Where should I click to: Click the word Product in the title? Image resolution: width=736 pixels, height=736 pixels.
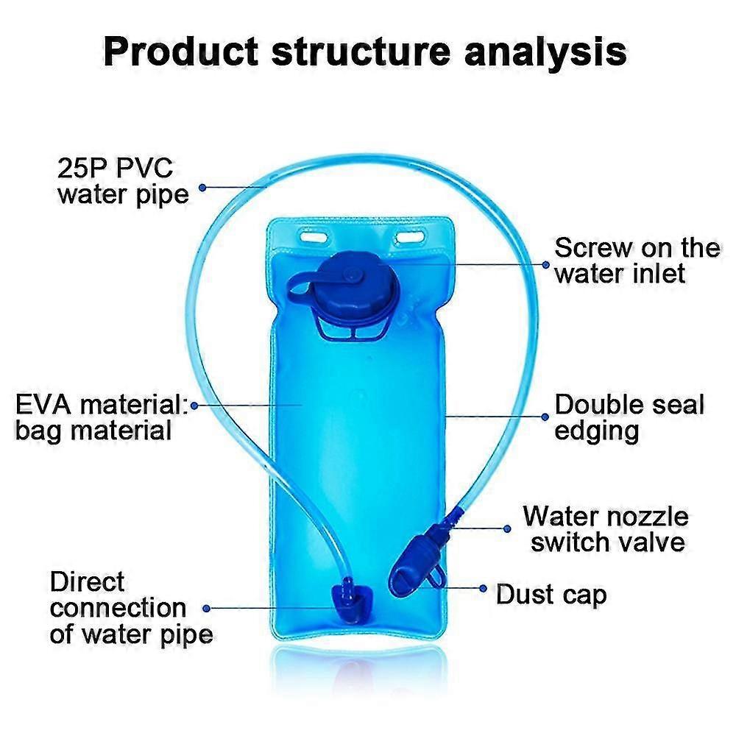(x=181, y=52)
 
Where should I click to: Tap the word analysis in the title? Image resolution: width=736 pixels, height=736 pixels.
(x=545, y=52)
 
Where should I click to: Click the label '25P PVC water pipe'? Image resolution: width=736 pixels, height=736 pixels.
(x=123, y=182)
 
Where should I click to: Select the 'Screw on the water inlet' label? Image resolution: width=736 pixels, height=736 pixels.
(x=637, y=260)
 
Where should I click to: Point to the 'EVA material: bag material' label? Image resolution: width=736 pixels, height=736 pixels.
(x=102, y=417)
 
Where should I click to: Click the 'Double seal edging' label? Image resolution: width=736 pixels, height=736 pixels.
(x=629, y=417)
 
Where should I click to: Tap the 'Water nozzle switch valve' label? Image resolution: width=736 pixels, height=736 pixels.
(x=606, y=529)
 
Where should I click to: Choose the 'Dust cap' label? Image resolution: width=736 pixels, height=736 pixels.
(x=551, y=594)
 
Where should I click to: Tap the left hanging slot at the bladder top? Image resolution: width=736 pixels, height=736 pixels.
(x=314, y=236)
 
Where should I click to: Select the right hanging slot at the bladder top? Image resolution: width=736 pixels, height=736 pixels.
(x=411, y=237)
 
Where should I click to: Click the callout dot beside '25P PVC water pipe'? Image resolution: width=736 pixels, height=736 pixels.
(x=202, y=187)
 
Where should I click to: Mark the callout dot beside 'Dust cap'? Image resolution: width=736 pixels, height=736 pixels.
(x=483, y=588)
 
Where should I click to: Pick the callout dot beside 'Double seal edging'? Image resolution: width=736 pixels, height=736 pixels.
(x=545, y=417)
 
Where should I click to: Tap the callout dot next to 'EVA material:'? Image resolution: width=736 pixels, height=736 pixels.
(x=194, y=405)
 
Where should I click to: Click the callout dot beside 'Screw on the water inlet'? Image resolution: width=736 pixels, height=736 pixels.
(x=545, y=265)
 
